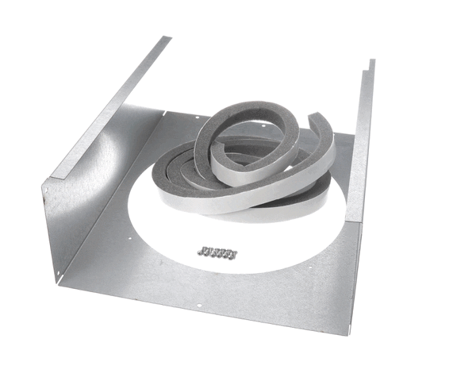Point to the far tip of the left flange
pyautogui.click(x=167, y=37)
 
